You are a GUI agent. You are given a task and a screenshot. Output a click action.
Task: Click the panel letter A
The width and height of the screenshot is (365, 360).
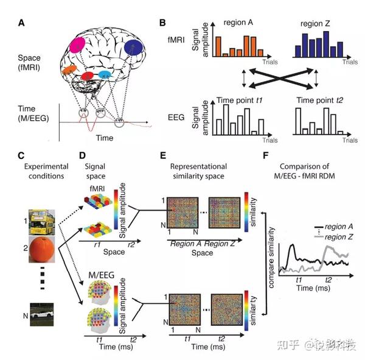tap(22, 23)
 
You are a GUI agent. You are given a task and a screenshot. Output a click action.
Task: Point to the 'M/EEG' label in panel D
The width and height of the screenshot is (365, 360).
tap(100, 278)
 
